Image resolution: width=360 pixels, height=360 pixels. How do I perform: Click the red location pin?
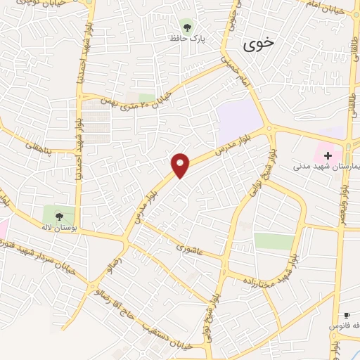(181, 165)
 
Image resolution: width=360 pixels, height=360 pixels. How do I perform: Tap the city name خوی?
(259, 45)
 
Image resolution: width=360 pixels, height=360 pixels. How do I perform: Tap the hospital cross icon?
(328, 155)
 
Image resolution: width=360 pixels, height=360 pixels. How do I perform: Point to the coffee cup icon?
(346, 316)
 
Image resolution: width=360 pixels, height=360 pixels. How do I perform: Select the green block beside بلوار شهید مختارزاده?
(274, 241)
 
